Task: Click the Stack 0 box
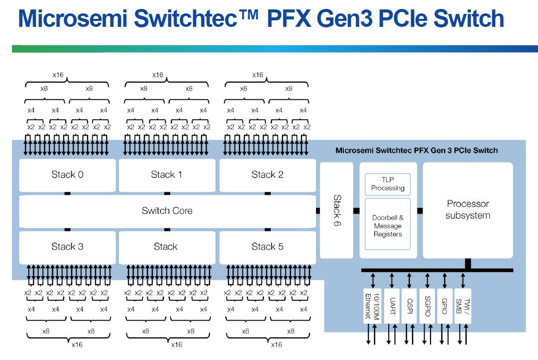(x=67, y=175)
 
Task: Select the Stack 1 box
(x=166, y=175)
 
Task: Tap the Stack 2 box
(x=267, y=175)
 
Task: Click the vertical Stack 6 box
(x=336, y=210)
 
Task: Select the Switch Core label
(x=167, y=211)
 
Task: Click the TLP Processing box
(x=387, y=184)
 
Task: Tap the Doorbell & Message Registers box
(x=387, y=225)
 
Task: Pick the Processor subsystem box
(x=467, y=210)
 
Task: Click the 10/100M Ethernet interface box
(x=373, y=306)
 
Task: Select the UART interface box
(x=392, y=306)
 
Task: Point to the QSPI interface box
(x=410, y=306)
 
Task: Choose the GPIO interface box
(x=445, y=306)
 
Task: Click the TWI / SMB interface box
(x=463, y=306)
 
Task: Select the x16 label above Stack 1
(x=157, y=75)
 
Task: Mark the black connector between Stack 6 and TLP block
(x=356, y=211)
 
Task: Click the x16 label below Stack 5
(x=276, y=345)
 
